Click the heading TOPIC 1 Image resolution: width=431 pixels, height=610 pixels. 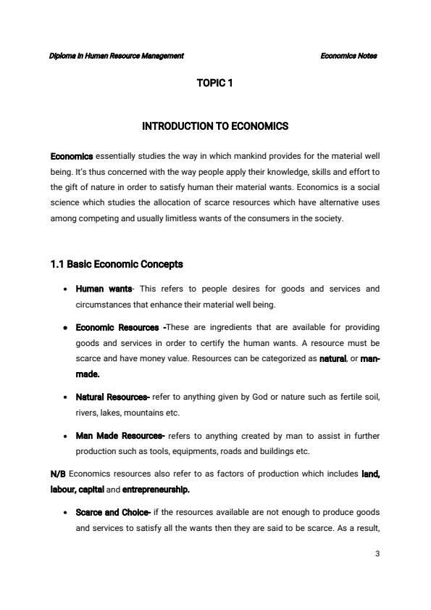click(214, 83)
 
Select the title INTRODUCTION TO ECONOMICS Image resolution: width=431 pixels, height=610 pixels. click(215, 126)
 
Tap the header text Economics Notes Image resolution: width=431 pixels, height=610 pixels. click(348, 56)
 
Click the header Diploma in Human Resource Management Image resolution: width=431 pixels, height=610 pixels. click(117, 56)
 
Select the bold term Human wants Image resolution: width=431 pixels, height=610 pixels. click(99, 289)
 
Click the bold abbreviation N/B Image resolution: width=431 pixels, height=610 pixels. click(58, 474)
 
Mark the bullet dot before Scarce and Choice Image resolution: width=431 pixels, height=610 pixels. click(67, 513)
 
